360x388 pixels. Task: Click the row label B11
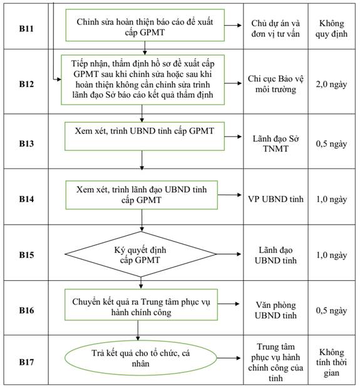coord(26,28)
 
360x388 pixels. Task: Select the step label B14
coord(26,199)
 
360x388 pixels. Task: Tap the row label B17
coord(26,362)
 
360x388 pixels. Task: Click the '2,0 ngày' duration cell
coord(331,84)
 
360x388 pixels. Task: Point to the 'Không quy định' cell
coord(331,28)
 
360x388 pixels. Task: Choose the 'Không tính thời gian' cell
coord(331,362)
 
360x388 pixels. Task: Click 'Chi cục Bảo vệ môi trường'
coord(275,84)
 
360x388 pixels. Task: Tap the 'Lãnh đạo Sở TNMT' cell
coord(275,143)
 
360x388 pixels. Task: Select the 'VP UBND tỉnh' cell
coord(275,199)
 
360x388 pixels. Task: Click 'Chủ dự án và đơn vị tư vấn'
coord(275,28)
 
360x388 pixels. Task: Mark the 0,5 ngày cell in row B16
coord(331,310)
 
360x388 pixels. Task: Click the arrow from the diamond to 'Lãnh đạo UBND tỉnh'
coord(229,254)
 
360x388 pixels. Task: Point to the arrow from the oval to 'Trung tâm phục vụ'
coord(229,358)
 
